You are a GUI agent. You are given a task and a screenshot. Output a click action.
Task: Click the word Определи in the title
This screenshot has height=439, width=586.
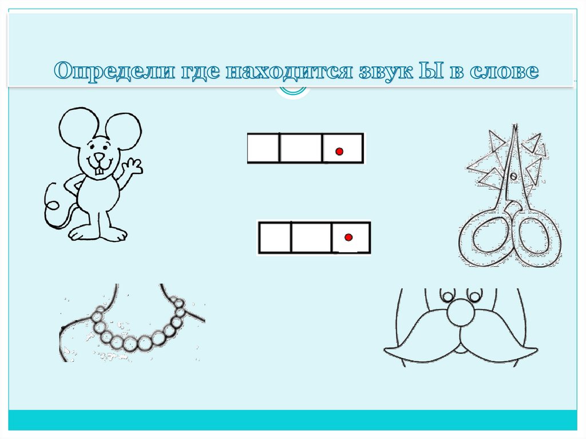click(114, 71)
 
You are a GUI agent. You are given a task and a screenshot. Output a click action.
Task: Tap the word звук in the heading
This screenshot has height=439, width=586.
click(386, 72)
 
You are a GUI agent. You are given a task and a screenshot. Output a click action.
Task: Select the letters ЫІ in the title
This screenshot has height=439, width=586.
click(431, 70)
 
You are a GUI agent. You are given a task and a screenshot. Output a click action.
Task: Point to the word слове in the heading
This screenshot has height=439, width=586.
click(504, 71)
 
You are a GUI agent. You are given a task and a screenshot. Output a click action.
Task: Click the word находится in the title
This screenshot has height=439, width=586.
click(289, 72)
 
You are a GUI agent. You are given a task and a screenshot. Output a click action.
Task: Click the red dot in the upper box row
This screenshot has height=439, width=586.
click(339, 152)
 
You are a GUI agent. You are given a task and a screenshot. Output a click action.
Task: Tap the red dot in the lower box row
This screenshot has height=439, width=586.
click(349, 238)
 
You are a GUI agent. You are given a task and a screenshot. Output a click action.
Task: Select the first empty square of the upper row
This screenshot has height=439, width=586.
click(263, 148)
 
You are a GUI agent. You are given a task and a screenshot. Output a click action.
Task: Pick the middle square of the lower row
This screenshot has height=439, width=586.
click(311, 238)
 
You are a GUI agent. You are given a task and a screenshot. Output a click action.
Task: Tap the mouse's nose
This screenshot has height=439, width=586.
click(99, 156)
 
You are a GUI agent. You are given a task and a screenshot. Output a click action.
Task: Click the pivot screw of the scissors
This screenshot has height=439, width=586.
click(513, 175)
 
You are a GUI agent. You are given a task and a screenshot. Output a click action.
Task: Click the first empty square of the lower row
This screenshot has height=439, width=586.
click(275, 238)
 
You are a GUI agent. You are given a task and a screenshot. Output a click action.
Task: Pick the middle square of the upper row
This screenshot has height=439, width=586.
click(300, 148)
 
